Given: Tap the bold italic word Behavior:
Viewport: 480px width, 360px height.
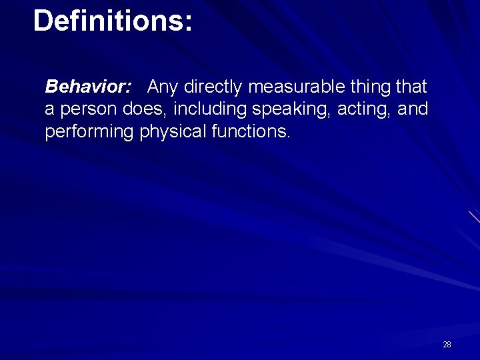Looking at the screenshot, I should coord(87,87).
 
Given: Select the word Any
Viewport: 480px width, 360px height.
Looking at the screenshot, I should coord(162,87).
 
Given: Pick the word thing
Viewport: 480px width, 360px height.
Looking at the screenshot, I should coord(370,87).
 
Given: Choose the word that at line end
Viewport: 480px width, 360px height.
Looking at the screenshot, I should coord(412,87).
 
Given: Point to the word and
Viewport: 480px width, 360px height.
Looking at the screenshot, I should coord(413,109).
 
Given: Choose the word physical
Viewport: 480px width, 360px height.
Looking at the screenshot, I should coord(173,132).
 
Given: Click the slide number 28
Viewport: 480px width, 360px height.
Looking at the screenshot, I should coord(447,345).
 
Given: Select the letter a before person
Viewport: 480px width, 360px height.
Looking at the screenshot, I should coord(49,110).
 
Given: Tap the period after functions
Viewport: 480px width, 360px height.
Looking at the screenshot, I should coord(289,137).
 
